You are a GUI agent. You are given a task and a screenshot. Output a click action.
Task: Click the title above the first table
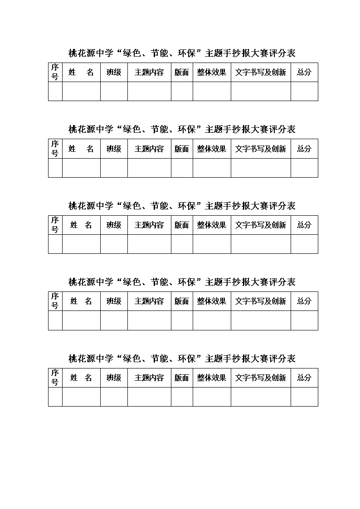[182, 53]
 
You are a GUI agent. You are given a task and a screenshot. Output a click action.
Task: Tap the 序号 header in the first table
[55, 72]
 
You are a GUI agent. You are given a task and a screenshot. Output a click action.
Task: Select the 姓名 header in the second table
[81, 149]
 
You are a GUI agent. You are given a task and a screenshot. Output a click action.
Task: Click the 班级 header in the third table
[114, 225]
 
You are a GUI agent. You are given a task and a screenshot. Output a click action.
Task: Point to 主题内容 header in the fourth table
[149, 301]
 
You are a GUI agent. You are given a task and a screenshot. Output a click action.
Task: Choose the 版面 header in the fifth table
[182, 378]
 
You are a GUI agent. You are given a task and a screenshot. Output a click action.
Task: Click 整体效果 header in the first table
[212, 72]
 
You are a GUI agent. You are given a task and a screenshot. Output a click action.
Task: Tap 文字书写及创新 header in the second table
[261, 149]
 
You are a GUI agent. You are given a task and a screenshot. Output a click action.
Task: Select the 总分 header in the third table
[304, 225]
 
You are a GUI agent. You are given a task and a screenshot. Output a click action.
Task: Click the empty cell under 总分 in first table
[304, 91]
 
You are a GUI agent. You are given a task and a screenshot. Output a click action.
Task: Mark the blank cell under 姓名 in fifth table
[81, 397]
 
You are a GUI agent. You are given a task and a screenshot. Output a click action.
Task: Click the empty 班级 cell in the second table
[114, 168]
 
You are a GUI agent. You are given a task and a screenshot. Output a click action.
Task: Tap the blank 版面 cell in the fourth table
[182, 320]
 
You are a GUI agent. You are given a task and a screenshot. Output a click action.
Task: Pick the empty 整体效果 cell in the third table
[212, 244]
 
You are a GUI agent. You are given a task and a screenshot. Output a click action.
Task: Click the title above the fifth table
[182, 359]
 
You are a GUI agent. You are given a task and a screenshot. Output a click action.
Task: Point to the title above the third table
[182, 205]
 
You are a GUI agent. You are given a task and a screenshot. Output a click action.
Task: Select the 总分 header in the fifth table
[304, 378]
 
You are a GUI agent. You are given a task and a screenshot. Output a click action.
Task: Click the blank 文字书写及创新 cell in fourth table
[261, 320]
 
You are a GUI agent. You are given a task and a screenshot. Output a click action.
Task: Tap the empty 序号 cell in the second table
[55, 168]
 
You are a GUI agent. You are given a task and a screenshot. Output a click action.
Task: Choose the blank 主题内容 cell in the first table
[149, 91]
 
